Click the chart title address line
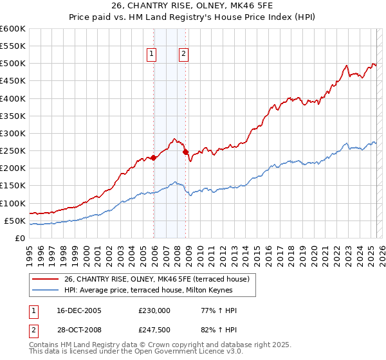(x=192, y=7)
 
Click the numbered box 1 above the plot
(x=152, y=54)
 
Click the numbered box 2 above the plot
(x=183, y=54)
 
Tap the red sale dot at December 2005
(x=154, y=157)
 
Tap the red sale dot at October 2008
(x=186, y=152)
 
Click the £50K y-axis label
(x=14, y=221)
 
